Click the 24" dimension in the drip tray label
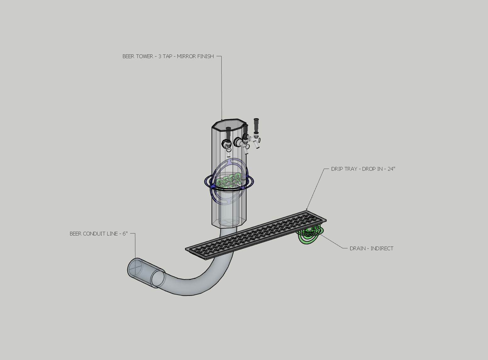[x=391, y=169]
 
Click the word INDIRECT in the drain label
[x=382, y=248]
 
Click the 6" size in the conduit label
[x=125, y=234]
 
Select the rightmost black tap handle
[x=256, y=125]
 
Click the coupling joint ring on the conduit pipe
[x=158, y=278]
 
